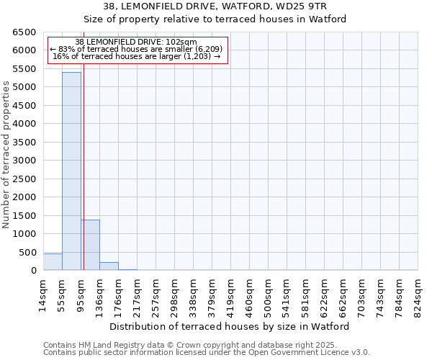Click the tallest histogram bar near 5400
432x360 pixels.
(71, 171)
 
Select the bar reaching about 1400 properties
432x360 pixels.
(90, 245)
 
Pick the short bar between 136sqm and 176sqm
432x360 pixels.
(109, 266)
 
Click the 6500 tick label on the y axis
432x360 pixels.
(24, 32)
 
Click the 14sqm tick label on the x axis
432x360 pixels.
(43, 294)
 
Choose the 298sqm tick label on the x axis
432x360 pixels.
(174, 294)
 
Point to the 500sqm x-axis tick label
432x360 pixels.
(268, 294)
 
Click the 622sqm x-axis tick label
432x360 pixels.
(324, 294)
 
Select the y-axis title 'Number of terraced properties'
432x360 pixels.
(6, 155)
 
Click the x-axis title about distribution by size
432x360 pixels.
(230, 326)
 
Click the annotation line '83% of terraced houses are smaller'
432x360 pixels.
(137, 49)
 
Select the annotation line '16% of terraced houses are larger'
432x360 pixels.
(137, 56)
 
